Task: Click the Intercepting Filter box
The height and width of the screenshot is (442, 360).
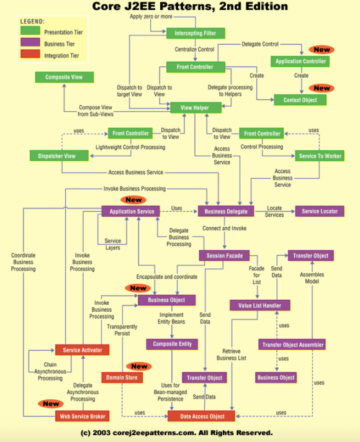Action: tap(196, 34)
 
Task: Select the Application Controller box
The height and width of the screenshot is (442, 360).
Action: tap(300, 61)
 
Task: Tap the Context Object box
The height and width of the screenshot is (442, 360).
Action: tap(300, 100)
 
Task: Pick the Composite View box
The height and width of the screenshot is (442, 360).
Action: tap(65, 77)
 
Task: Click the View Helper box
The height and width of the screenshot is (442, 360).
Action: tap(196, 107)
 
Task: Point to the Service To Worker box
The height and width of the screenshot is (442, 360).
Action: tap(320, 156)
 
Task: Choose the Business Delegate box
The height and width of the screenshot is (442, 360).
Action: tap(226, 212)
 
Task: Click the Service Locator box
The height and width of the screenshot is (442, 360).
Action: tap(320, 212)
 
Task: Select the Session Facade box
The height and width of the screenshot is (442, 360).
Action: tap(225, 256)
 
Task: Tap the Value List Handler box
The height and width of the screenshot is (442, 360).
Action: tap(259, 305)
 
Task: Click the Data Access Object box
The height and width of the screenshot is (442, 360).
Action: tap(201, 417)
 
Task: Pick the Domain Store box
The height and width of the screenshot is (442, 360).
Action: tap(122, 377)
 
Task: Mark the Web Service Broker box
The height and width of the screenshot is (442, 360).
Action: tap(83, 417)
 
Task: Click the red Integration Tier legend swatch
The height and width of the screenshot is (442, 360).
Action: tap(30, 53)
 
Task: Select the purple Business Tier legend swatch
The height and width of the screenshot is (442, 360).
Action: tap(30, 42)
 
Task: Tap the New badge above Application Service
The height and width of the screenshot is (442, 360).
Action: tap(133, 200)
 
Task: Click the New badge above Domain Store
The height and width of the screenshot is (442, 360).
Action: tap(139, 366)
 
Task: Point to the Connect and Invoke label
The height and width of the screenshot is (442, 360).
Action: tap(225, 228)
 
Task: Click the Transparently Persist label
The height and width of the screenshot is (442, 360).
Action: tap(122, 330)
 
